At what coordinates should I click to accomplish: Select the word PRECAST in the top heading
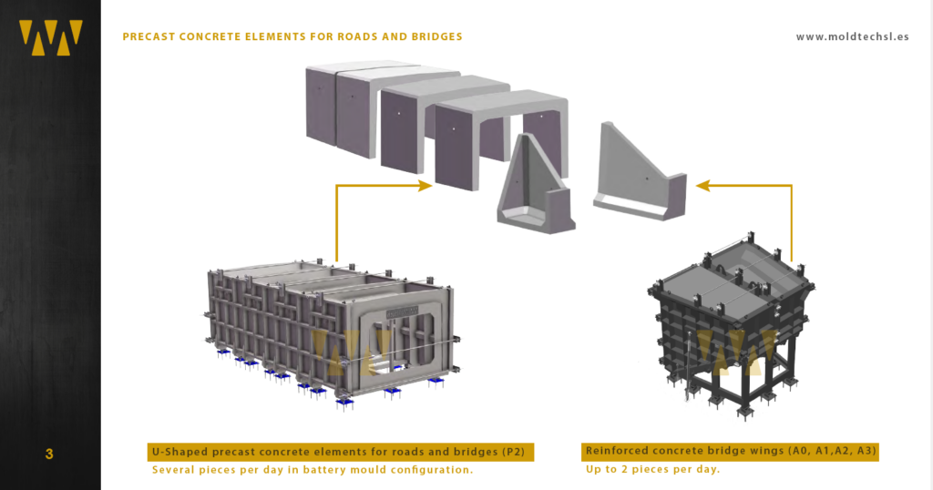149,37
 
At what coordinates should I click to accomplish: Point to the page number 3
49,454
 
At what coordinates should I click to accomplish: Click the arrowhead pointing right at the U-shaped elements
425,186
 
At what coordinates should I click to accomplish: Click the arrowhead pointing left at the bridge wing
702,186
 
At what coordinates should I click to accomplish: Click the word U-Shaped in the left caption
179,452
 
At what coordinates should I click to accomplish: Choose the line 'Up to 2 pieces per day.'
651,470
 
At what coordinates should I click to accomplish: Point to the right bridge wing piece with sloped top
638,173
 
